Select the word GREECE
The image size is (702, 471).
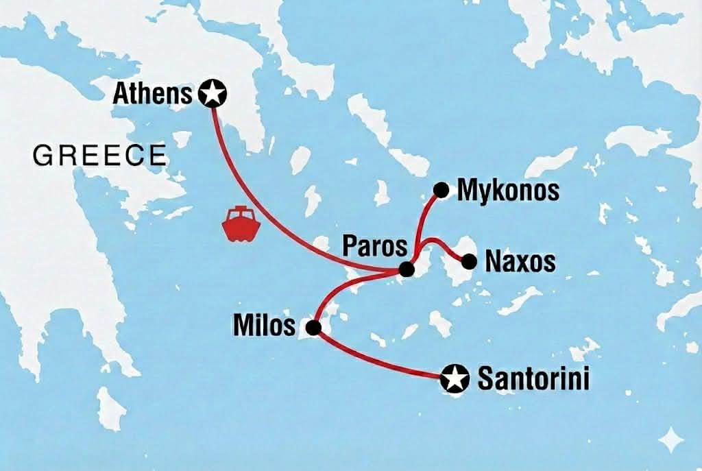[x=100, y=156]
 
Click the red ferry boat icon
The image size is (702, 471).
[x=238, y=225]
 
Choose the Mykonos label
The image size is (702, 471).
[x=507, y=191]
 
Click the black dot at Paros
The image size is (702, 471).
[x=407, y=270]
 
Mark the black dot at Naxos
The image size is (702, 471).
[x=469, y=261]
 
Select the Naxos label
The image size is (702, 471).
[x=519, y=262]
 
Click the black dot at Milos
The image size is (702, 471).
[x=313, y=328]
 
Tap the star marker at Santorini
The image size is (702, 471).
[x=455, y=378]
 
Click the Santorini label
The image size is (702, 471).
[x=533, y=379]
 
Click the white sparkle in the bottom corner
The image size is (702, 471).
[x=670, y=437]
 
